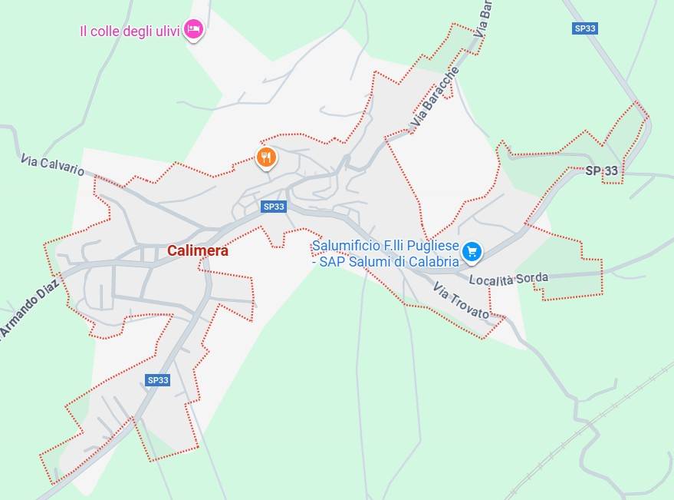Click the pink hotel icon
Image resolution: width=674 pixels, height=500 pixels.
(x=195, y=30)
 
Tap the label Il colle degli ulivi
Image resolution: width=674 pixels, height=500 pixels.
(x=130, y=31)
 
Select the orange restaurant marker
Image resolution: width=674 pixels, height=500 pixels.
(x=266, y=157)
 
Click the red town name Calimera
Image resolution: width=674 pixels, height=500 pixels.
(x=198, y=250)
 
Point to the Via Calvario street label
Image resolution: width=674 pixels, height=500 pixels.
(x=53, y=164)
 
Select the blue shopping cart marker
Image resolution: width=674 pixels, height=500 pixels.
(x=472, y=250)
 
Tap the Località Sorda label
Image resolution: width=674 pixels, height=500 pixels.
(x=508, y=279)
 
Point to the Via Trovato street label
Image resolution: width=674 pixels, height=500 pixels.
(x=461, y=300)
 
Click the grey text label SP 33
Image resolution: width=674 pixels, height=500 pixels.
(x=601, y=171)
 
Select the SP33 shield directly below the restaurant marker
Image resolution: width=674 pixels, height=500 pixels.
(x=274, y=207)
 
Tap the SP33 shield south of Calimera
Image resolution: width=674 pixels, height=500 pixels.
(x=157, y=380)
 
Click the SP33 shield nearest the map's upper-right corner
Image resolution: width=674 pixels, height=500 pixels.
(x=584, y=28)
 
